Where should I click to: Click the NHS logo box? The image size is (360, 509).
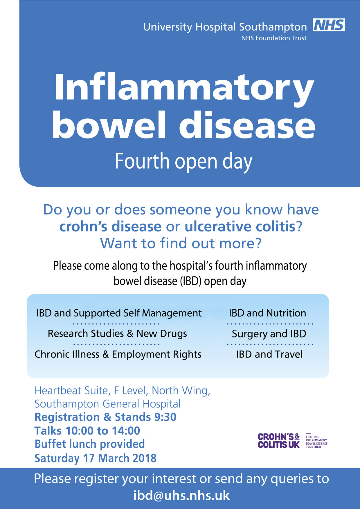329,25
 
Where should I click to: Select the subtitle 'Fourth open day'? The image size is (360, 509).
183,162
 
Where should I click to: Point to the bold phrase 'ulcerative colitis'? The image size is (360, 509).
240,227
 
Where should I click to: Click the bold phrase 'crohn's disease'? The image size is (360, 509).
110,227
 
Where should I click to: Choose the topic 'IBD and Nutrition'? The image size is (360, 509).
267,313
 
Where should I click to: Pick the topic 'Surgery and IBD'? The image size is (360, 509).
269,334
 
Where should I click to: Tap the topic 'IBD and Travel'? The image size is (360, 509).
269,354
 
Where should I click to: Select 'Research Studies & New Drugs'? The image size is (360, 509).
117,334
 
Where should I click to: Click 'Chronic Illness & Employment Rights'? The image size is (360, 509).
118,355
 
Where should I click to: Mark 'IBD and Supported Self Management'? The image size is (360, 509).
119,313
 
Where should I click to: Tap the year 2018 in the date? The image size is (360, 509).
144,458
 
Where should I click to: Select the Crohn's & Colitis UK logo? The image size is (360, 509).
293,441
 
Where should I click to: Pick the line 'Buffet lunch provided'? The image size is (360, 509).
90,444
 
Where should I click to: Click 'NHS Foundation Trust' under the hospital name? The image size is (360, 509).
274,38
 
